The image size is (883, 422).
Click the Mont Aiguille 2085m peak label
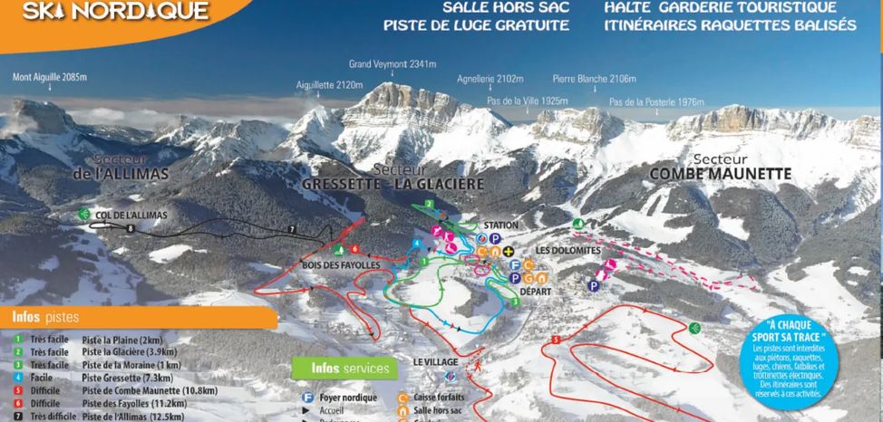[x=50, y=77]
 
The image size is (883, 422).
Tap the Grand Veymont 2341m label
[x=393, y=64]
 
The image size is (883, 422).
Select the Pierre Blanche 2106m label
[x=594, y=79]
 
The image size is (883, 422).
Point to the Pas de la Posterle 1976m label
[x=656, y=102]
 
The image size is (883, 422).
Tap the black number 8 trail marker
[x=131, y=229]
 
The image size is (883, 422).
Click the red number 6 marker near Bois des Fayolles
[x=355, y=249]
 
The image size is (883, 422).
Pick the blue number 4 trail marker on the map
[x=416, y=244]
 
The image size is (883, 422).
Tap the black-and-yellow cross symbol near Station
[x=509, y=252]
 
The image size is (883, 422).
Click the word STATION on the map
[x=501, y=225]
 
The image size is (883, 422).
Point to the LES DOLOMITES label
[x=568, y=250]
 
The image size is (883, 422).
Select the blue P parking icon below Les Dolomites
[x=593, y=286]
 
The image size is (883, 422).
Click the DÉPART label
[x=536, y=305]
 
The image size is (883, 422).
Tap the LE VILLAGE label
[x=433, y=361]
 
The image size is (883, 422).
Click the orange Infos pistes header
[x=45, y=318]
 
